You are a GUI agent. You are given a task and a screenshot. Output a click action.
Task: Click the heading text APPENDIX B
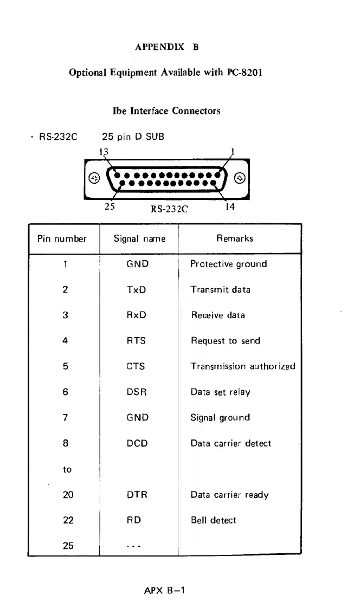(x=166, y=47)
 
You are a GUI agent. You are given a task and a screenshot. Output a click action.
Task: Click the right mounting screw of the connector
(x=240, y=179)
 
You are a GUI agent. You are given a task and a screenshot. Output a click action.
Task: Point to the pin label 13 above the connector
(x=103, y=151)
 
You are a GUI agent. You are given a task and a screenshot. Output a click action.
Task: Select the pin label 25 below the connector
(x=108, y=206)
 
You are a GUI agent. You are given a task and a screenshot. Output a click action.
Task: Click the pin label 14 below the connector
(x=230, y=206)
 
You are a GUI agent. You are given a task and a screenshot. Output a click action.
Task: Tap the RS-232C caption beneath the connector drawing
(x=169, y=210)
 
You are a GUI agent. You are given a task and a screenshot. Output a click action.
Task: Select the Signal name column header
(x=139, y=238)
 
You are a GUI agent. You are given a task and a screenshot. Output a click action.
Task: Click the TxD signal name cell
(x=136, y=289)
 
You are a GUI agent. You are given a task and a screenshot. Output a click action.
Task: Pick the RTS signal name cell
(x=136, y=341)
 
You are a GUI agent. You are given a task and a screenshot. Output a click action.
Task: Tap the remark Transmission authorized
(x=243, y=366)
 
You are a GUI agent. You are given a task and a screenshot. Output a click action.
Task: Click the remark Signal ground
(x=220, y=418)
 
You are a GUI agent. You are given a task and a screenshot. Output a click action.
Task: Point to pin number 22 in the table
(x=68, y=520)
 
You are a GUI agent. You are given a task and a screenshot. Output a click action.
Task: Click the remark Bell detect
(x=214, y=520)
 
